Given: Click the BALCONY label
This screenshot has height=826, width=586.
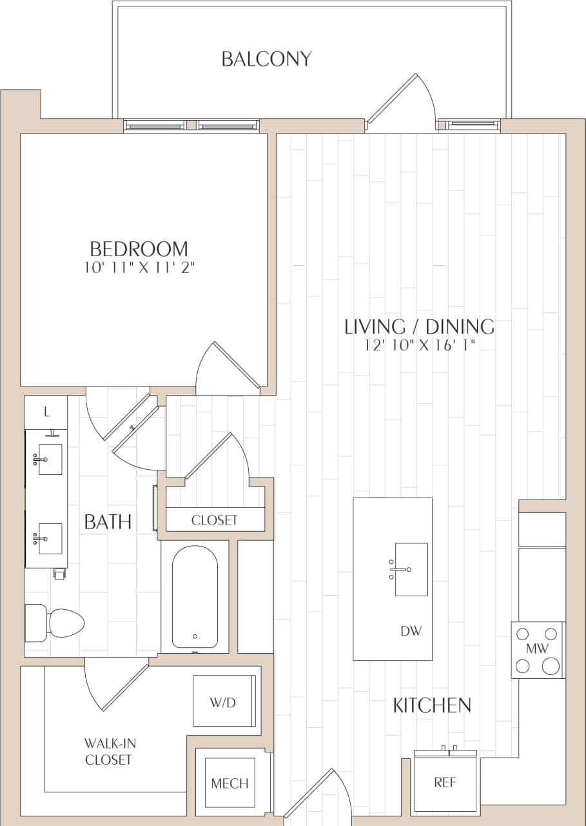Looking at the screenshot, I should pyautogui.click(x=266, y=59).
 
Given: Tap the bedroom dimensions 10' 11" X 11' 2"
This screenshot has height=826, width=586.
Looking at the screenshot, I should pyautogui.click(x=139, y=268).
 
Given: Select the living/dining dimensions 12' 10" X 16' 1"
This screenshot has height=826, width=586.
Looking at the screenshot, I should pyautogui.click(x=419, y=345).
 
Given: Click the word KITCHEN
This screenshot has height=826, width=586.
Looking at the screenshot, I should pyautogui.click(x=432, y=705).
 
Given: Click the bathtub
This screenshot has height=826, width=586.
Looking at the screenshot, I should pyautogui.click(x=195, y=597).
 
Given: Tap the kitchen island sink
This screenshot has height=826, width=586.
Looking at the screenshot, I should pyautogui.click(x=411, y=569).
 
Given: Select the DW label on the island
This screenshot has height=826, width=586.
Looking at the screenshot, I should pyautogui.click(x=411, y=631).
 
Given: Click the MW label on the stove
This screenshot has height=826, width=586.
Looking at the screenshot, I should pyautogui.click(x=537, y=647).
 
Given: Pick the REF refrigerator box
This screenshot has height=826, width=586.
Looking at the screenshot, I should pyautogui.click(x=445, y=783).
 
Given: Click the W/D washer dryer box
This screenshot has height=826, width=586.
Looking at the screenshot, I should pyautogui.click(x=224, y=701).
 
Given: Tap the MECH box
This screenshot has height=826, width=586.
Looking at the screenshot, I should pyautogui.click(x=230, y=783).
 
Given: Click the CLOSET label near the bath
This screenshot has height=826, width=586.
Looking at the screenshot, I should pyautogui.click(x=215, y=519).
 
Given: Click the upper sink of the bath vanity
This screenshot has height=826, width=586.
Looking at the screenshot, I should pyautogui.click(x=50, y=459).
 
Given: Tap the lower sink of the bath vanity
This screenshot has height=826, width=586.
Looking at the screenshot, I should pyautogui.click(x=50, y=538).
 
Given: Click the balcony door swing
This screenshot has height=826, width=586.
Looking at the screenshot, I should pyautogui.click(x=403, y=103).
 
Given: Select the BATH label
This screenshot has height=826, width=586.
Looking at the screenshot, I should pyautogui.click(x=108, y=521).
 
